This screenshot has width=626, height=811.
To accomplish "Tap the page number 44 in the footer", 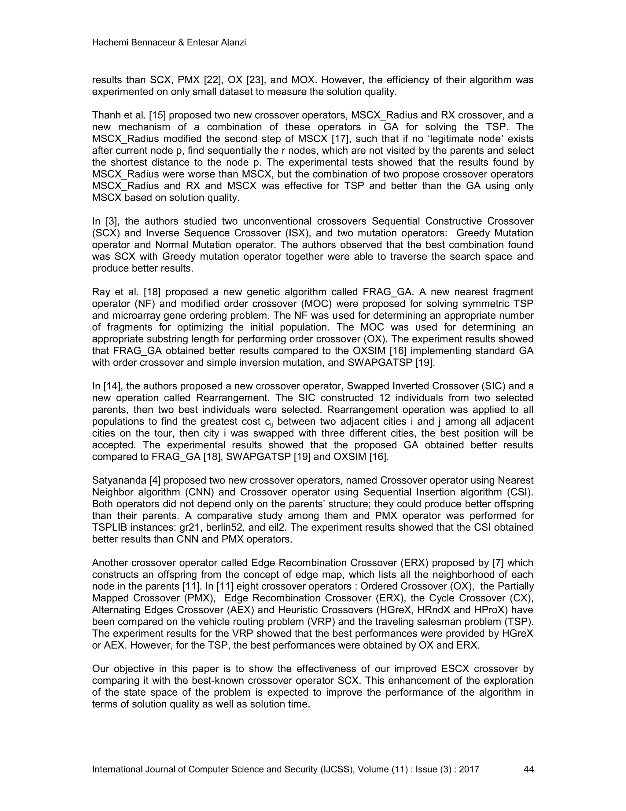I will click(x=528, y=769).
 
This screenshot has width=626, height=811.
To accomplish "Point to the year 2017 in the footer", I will click(x=469, y=769).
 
